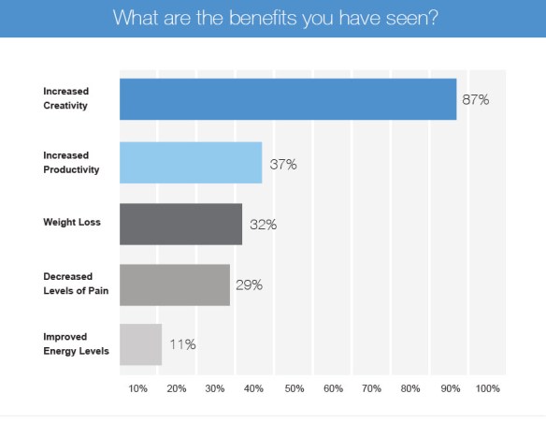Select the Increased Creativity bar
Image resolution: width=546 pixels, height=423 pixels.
(288, 99)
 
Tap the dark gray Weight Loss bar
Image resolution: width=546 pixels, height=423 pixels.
(180, 224)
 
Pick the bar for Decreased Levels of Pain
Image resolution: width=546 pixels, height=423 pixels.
(175, 284)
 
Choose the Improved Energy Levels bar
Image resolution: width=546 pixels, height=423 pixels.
(140, 344)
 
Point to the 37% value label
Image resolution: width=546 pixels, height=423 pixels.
(283, 165)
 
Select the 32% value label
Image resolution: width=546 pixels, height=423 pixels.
(264, 225)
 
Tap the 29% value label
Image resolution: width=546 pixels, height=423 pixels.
(249, 285)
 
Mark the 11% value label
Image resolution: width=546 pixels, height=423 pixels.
(182, 345)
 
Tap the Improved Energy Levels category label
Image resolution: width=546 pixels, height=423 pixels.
(76, 344)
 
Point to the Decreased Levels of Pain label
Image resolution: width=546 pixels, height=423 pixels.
(77, 284)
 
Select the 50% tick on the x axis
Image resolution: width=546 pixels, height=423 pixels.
(293, 387)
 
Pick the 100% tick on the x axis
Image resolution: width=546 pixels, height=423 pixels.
(488, 387)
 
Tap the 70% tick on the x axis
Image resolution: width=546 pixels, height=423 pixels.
(371, 387)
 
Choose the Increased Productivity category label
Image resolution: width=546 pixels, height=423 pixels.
(71, 163)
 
